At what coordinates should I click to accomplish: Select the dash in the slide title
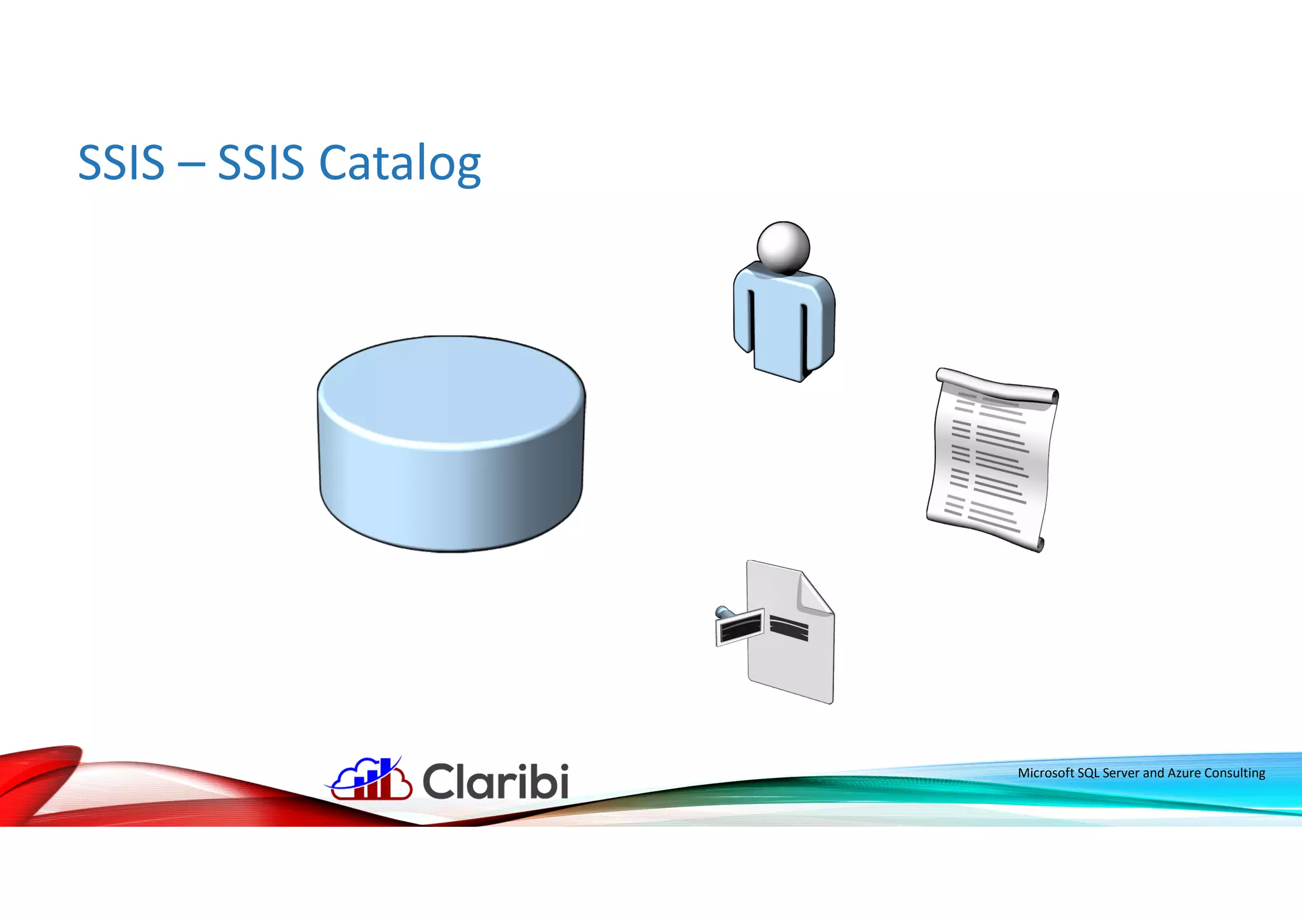(x=191, y=164)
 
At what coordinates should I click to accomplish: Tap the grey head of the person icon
(x=783, y=247)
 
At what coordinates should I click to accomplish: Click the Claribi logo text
(x=495, y=782)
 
